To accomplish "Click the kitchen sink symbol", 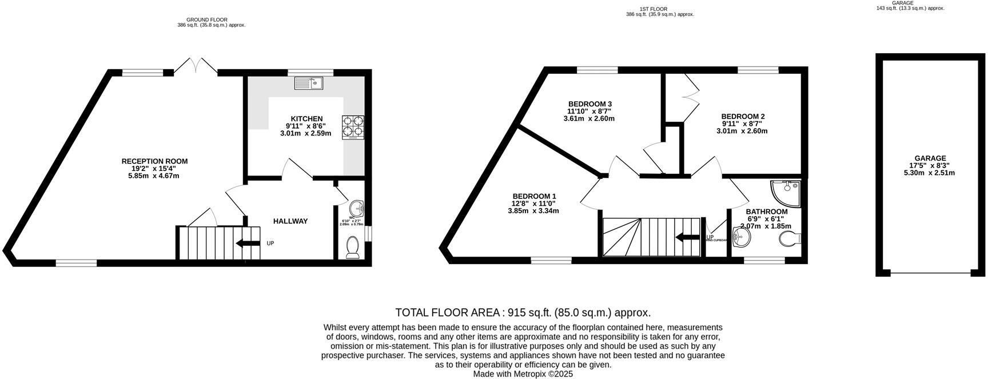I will point(309,83).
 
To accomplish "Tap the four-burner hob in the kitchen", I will point(353,127).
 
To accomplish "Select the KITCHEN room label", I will point(306,119).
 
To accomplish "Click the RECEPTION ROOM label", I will point(154,161).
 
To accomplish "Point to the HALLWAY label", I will point(290,221).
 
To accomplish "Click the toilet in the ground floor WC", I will point(353,248).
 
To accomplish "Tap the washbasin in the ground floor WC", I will point(357,208).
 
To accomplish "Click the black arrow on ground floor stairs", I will point(248,244).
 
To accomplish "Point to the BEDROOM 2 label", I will point(743,116).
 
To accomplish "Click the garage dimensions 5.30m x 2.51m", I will point(929,173).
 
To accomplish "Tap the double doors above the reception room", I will point(196,66).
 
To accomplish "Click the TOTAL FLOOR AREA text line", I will point(523,313).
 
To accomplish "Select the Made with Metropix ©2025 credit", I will point(523,374).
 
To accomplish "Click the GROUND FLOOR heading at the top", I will point(211,20).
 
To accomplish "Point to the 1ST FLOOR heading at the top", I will point(660,9).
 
